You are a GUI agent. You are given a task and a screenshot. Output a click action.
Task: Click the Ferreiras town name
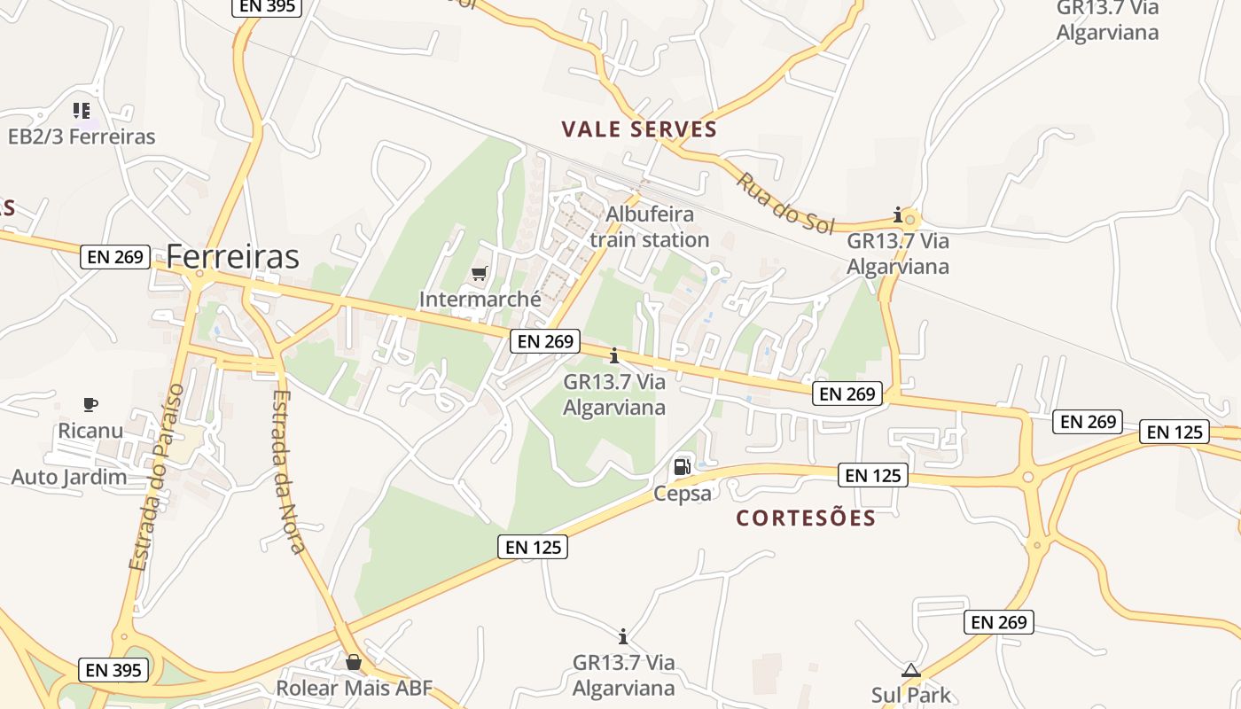click(x=232, y=256)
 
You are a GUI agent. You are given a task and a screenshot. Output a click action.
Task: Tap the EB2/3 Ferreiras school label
click(x=82, y=136)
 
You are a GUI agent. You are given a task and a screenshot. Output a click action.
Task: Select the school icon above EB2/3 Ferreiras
click(x=82, y=111)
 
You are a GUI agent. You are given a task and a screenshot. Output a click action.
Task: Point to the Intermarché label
click(x=480, y=299)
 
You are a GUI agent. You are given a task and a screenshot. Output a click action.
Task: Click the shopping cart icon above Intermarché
click(x=480, y=274)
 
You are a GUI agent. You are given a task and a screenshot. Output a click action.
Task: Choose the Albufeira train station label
click(x=649, y=227)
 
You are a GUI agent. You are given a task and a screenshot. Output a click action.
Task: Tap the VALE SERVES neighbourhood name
click(x=639, y=129)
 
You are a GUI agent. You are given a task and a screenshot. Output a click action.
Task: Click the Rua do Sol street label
click(x=785, y=203)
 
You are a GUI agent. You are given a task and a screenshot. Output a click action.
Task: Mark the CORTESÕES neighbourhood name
click(x=806, y=518)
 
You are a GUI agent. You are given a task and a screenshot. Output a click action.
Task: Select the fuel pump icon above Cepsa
click(x=682, y=466)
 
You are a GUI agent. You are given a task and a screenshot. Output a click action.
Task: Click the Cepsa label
click(x=683, y=493)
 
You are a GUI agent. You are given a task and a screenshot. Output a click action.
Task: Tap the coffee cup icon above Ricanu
click(x=90, y=405)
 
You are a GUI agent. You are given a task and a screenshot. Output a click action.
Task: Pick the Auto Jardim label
click(x=69, y=477)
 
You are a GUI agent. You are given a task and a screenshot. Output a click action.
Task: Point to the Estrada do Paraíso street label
click(x=156, y=477)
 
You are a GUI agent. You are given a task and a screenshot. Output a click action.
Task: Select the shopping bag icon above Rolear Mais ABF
click(x=354, y=662)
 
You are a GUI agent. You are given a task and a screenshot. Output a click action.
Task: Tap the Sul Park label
click(x=911, y=694)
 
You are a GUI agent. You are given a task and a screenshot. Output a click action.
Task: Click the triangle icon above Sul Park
click(x=911, y=671)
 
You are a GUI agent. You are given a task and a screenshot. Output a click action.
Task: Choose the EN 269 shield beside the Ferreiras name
click(x=115, y=257)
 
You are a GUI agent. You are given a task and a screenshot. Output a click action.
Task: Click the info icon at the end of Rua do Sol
click(x=898, y=214)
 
